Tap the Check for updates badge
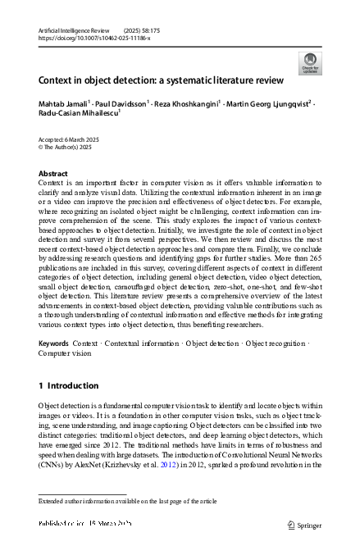tap(310, 63)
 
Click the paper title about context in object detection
tap(161, 80)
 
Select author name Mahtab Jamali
tap(65, 104)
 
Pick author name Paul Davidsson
tap(122, 104)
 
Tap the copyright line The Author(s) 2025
tap(68, 148)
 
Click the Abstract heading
tap(53, 174)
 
